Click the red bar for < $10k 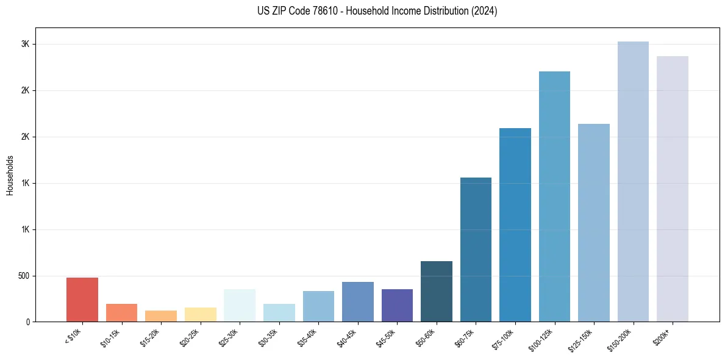[x=82, y=300]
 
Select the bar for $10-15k [x=121, y=312]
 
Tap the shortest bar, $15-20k [x=161, y=316]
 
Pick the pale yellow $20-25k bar [x=201, y=314]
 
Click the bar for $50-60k [x=437, y=291]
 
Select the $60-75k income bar [x=476, y=250]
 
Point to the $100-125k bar [x=554, y=196]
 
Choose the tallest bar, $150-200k [x=633, y=181]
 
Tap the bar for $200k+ [x=673, y=189]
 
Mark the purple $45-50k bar [x=397, y=305]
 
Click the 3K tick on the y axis [x=25, y=45]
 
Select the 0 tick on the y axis [x=27, y=322]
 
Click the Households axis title [x=10, y=175]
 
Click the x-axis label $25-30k [x=228, y=337]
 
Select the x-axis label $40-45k [x=346, y=337]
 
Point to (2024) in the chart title [x=484, y=11]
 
